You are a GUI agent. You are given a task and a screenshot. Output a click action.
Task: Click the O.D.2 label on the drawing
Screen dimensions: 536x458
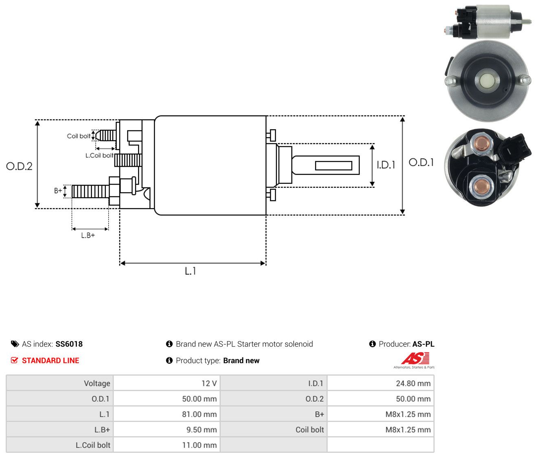click(19, 166)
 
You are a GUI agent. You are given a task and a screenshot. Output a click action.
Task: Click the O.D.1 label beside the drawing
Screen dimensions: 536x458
click(421, 163)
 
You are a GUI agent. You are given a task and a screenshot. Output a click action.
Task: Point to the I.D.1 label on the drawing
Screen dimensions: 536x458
click(386, 165)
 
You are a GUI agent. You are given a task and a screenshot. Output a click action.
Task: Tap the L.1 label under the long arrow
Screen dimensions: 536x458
click(190, 271)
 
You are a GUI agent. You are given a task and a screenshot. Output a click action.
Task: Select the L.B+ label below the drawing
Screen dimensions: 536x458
click(88, 236)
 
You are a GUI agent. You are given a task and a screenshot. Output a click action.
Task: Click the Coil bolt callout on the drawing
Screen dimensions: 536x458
click(79, 136)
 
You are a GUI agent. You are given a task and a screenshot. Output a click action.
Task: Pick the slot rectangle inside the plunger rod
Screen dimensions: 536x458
click(334, 165)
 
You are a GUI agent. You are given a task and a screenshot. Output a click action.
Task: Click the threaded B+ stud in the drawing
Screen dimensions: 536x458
click(90, 192)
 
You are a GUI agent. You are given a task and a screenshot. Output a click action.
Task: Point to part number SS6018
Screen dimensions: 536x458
click(69, 344)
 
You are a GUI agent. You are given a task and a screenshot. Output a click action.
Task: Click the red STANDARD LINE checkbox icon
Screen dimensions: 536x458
click(14, 360)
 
